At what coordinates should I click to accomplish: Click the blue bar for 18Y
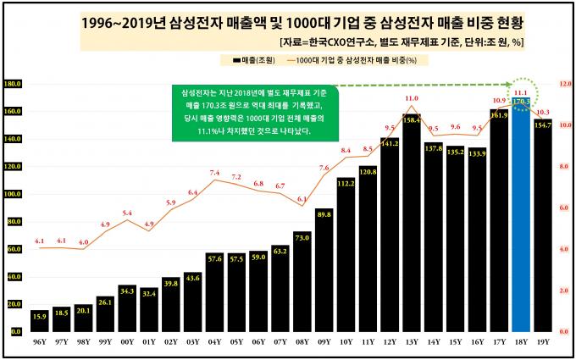(x=521, y=220)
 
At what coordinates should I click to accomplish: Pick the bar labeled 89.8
(x=324, y=271)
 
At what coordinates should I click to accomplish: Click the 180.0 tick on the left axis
(x=13, y=84)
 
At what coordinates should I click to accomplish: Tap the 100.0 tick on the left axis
(x=13, y=194)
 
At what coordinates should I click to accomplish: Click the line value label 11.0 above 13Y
(x=411, y=99)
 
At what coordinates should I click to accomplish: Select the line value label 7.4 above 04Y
(x=214, y=173)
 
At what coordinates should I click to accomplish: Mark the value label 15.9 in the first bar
(x=39, y=316)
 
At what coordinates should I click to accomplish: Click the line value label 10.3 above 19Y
(x=544, y=112)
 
